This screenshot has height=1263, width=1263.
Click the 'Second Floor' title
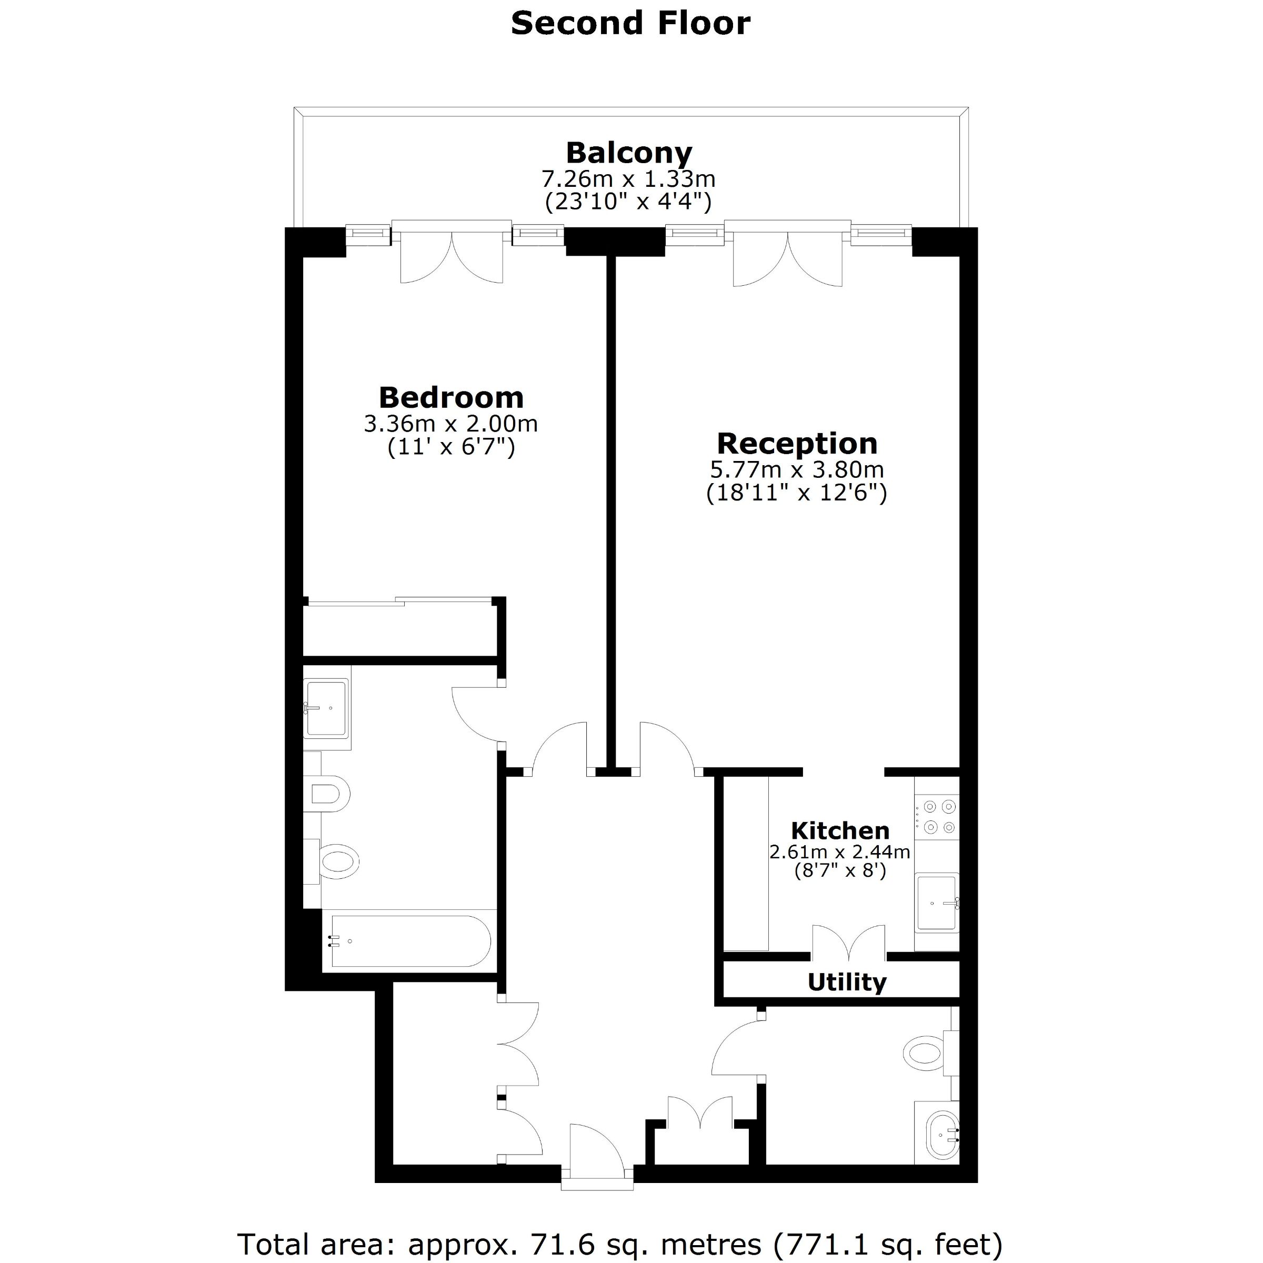click(630, 24)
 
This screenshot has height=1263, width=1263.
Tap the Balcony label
click(629, 153)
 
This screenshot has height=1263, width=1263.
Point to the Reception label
click(797, 443)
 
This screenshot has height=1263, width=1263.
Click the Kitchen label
click(840, 831)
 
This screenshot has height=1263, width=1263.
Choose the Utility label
click(847, 982)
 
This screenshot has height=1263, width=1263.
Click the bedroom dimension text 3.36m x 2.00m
click(451, 424)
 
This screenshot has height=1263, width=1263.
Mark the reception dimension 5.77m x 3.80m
click(797, 469)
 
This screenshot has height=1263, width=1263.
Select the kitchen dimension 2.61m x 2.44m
click(840, 852)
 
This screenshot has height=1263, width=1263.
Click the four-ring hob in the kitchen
click(937, 817)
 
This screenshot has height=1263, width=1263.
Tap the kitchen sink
click(937, 904)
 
